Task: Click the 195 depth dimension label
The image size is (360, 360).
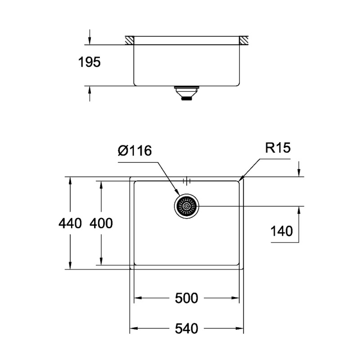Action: point(90,62)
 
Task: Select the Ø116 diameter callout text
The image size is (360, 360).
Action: point(135,151)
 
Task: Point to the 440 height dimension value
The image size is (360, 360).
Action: point(70,223)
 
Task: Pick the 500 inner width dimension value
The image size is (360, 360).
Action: point(187,298)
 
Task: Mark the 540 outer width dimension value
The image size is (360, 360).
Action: point(187,329)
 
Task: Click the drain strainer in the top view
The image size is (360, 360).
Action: point(186,207)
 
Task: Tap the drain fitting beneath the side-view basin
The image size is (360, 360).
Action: point(185,93)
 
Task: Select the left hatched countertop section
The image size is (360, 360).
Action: point(130,40)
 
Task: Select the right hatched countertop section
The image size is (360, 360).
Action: point(244,40)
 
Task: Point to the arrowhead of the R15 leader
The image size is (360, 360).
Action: point(241,179)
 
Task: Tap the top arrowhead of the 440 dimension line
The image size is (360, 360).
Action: point(70,180)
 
